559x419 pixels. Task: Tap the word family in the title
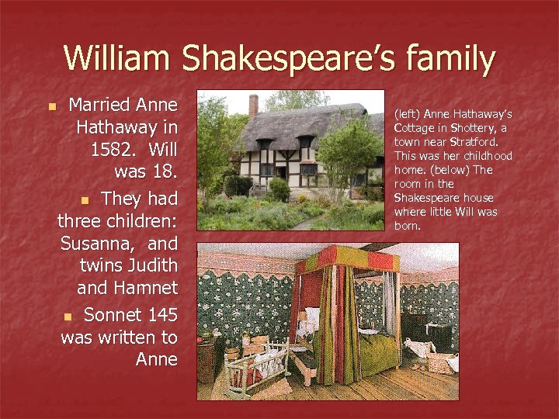point(450,60)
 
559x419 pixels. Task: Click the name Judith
point(153,266)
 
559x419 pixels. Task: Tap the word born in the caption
point(407,226)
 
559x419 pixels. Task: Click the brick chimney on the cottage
point(253,106)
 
